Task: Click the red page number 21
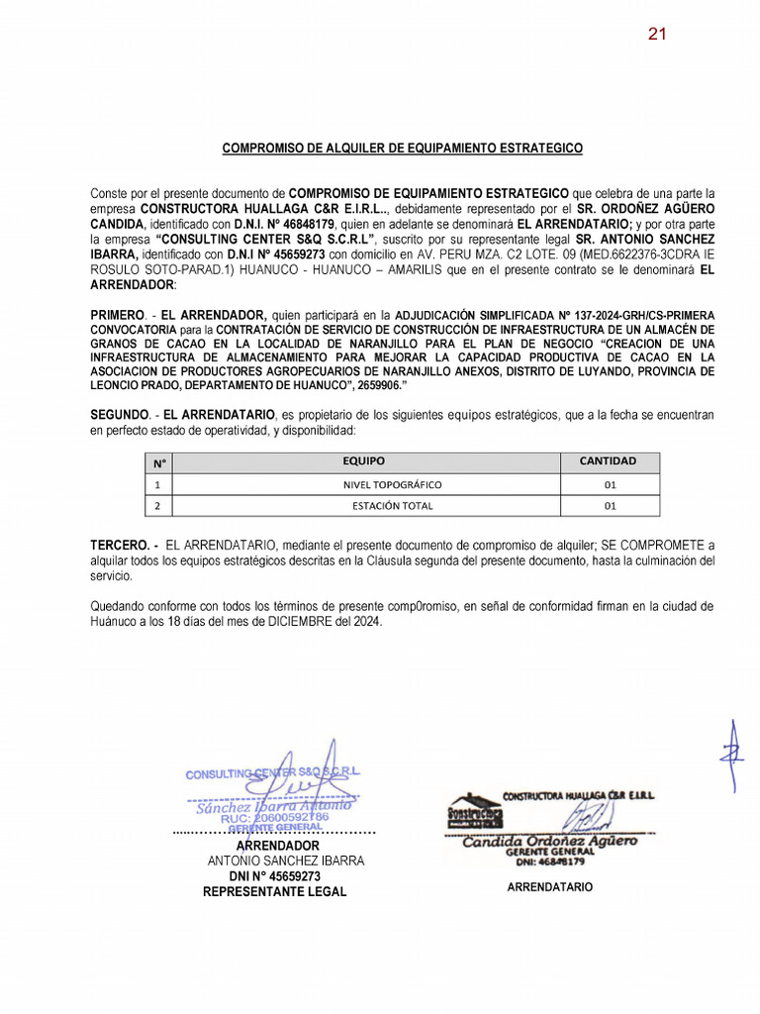657,34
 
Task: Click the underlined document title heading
403,149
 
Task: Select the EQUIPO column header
364,461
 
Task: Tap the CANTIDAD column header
608,461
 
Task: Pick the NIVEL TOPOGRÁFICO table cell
392,484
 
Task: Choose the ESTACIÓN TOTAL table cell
392,506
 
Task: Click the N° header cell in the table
158,462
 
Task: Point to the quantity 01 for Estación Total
610,506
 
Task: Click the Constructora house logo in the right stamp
474,810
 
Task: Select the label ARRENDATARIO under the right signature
550,887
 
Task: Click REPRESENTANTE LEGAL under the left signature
275,892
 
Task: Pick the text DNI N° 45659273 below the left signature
275,876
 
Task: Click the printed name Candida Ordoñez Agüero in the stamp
550,841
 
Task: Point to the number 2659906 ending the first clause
402,385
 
